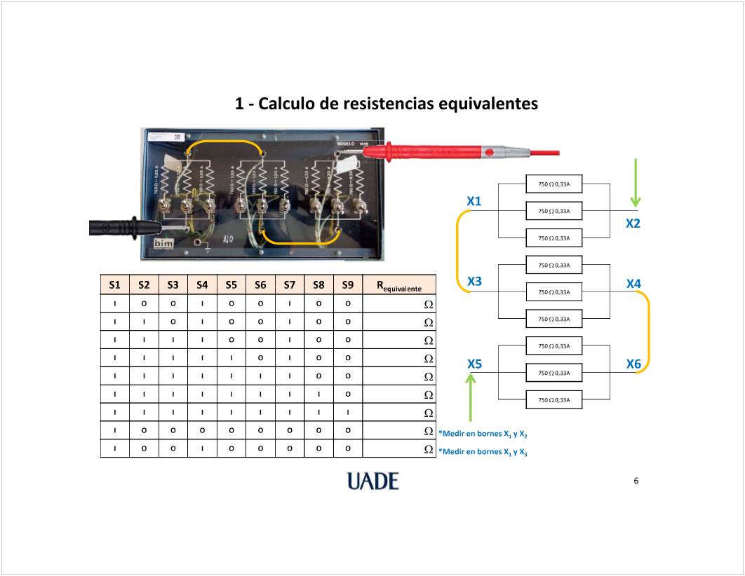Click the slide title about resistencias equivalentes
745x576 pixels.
tap(386, 104)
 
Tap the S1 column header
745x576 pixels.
tap(115, 284)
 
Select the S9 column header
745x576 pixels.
tap(347, 284)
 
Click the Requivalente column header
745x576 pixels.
tap(398, 285)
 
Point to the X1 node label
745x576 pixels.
tap(474, 202)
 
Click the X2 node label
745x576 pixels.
tap(633, 224)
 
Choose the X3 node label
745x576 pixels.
tap(474, 282)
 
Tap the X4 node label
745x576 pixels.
tap(633, 284)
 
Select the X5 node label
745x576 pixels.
tap(474, 364)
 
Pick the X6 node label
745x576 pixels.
tap(633, 364)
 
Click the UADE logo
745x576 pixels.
tap(372, 481)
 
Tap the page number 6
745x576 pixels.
tap(636, 481)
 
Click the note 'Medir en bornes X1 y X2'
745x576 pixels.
tap(483, 434)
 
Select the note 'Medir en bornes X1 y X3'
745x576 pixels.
tap(483, 452)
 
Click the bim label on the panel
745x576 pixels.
tap(163, 242)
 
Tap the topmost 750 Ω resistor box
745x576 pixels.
tap(553, 184)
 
